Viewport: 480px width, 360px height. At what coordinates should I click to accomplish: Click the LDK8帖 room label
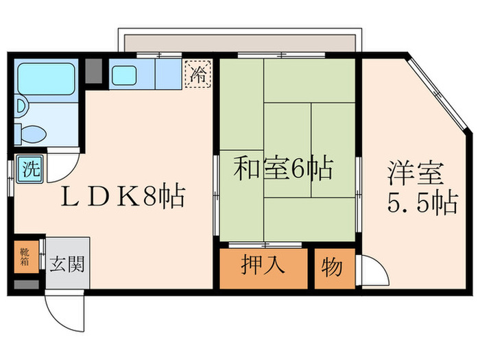[123, 198]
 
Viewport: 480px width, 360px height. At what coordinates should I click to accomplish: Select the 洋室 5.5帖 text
[418, 187]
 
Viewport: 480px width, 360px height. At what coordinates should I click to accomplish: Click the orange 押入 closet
[263, 267]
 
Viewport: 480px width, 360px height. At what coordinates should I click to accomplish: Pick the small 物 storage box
[332, 267]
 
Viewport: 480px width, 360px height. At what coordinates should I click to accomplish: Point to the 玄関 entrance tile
[67, 263]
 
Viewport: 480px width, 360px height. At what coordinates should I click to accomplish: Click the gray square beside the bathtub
[93, 71]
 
